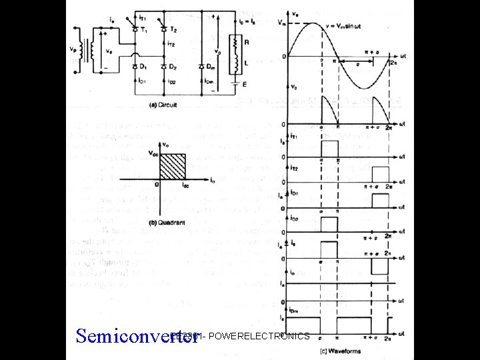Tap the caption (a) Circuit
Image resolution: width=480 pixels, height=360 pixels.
click(163, 104)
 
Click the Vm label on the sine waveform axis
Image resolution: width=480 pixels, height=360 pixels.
click(282, 22)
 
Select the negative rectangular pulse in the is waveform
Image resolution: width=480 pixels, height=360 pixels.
click(380, 265)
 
